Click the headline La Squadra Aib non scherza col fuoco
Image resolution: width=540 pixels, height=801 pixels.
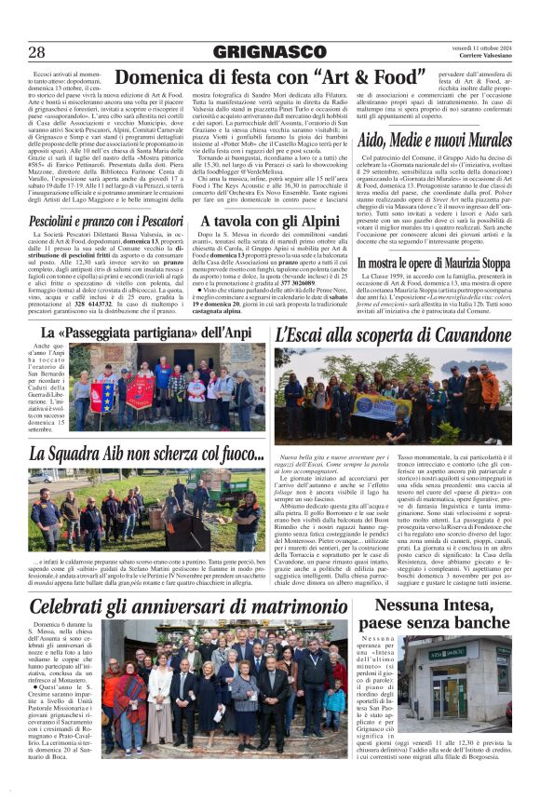click(x=147, y=454)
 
